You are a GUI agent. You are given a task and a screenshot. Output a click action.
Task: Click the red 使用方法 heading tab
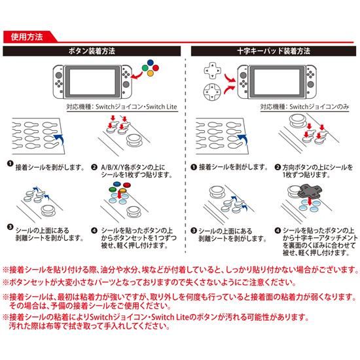(x=27, y=37)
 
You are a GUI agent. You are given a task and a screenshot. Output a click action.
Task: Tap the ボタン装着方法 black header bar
(x=92, y=51)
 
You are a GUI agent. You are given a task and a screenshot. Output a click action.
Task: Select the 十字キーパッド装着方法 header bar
(x=274, y=51)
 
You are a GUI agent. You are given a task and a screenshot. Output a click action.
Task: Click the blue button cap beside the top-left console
(x=151, y=62)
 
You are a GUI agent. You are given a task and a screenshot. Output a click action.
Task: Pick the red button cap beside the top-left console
(x=156, y=68)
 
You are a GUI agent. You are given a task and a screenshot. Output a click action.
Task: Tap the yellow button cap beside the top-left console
(x=151, y=73)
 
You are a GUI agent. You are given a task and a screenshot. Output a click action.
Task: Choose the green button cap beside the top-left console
(x=145, y=68)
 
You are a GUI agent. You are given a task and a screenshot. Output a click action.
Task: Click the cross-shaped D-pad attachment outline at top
(x=212, y=70)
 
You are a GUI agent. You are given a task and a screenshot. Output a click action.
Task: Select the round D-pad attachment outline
(x=212, y=92)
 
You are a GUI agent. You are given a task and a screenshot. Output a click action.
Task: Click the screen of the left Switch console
(x=92, y=82)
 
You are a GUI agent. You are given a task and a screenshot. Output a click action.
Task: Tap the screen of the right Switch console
(x=277, y=82)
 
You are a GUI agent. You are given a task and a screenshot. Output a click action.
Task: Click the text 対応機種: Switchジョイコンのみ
(x=304, y=107)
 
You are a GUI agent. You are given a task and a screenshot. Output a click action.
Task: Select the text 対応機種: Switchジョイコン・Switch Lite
(x=122, y=107)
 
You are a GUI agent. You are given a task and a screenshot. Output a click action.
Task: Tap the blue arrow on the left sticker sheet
(x=60, y=139)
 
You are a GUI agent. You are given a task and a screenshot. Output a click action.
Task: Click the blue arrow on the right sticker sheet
(x=243, y=139)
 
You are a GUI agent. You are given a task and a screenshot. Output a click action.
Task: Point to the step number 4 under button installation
(x=94, y=230)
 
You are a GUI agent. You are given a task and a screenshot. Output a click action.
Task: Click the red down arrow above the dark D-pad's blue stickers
(x=310, y=202)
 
